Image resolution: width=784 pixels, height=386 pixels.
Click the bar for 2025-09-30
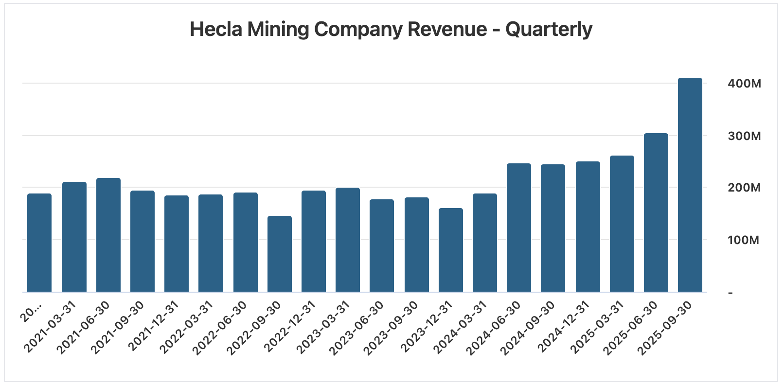pyautogui.click(x=690, y=185)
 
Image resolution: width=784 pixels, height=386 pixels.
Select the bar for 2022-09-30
pyautogui.click(x=280, y=254)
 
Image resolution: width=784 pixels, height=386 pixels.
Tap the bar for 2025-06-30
pyautogui.click(x=656, y=212)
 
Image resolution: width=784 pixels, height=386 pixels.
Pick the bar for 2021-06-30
pyautogui.click(x=108, y=235)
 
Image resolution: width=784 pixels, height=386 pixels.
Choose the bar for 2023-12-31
pyautogui.click(x=450, y=250)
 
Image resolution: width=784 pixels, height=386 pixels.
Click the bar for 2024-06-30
pyautogui.click(x=518, y=228)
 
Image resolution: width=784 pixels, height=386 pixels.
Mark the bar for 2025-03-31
pyautogui.click(x=622, y=224)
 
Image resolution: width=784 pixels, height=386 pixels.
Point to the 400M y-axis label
pyautogui.click(x=744, y=84)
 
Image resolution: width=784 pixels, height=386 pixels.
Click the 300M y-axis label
pyautogui.click(x=744, y=136)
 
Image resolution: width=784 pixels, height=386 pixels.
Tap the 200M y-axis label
pyautogui.click(x=744, y=188)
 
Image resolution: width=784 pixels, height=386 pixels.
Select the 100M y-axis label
pyautogui.click(x=744, y=240)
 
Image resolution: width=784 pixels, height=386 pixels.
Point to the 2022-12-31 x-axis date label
pyautogui.click(x=291, y=327)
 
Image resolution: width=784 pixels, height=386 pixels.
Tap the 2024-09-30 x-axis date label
pyautogui.click(x=530, y=327)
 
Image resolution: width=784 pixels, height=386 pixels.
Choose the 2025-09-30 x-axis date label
pyautogui.click(x=667, y=327)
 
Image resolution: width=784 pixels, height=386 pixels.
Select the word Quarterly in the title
pyautogui.click(x=549, y=30)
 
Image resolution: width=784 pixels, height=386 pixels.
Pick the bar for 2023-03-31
pyautogui.click(x=348, y=240)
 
